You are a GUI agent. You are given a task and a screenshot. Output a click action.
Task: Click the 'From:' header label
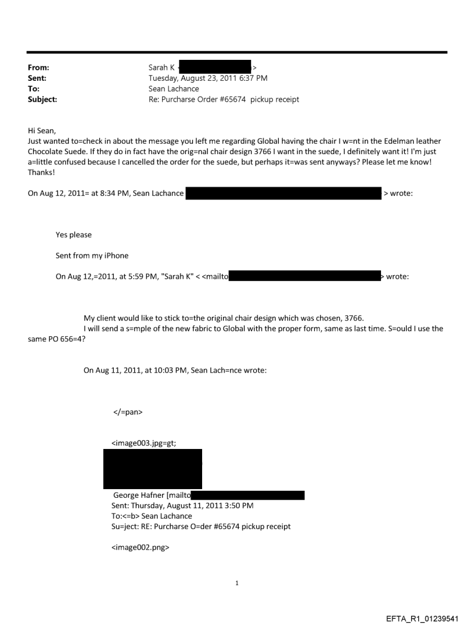point(38,68)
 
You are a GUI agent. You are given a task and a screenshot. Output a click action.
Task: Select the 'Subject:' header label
point(42,99)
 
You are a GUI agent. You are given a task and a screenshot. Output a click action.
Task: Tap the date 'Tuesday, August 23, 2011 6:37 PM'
point(208,79)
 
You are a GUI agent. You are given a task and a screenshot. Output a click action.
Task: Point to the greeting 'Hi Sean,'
point(42,131)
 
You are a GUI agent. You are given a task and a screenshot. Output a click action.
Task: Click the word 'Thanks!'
point(42,173)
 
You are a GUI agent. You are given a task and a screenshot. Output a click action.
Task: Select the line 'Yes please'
point(74,235)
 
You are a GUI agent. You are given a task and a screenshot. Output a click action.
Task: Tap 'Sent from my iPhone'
point(92,256)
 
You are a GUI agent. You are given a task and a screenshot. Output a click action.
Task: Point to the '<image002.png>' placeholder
point(140,548)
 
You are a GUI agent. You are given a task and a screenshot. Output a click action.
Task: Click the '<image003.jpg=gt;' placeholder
point(143,443)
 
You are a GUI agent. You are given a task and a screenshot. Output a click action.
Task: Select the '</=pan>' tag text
point(127,412)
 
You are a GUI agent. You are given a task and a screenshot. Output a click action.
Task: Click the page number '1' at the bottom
point(237,583)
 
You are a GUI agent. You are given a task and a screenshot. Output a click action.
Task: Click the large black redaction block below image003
point(153,469)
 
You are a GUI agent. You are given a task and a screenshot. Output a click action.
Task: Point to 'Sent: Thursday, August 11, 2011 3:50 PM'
point(182,506)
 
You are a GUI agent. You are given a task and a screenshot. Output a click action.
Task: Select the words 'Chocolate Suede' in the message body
point(58,152)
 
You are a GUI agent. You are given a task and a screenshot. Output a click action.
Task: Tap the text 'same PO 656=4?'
point(56,338)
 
